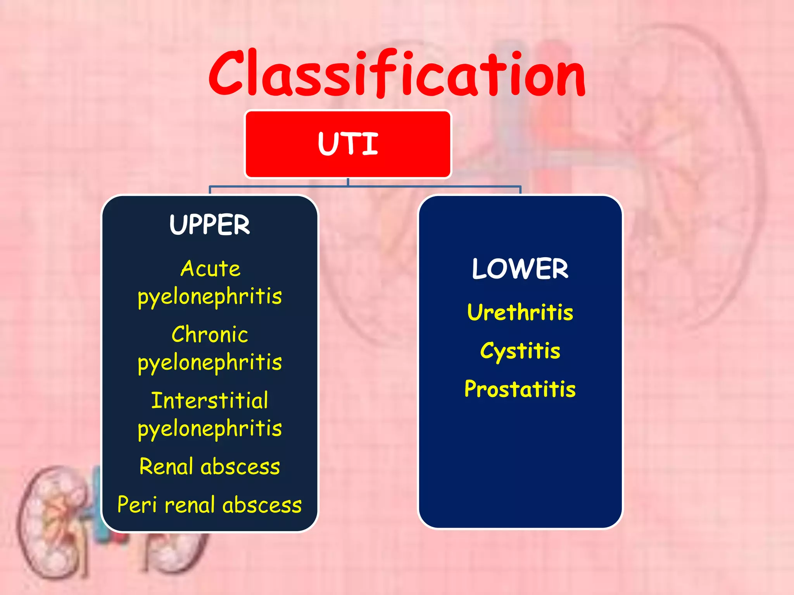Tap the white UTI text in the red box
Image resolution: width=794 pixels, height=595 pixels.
[348, 144]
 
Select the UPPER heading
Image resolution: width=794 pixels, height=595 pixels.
[210, 225]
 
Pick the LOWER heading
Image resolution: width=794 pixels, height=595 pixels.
[520, 269]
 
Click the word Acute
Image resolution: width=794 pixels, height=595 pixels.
[210, 269]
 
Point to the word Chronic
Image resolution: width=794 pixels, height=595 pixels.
[210, 335]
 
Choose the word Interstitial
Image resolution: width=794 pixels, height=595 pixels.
[210, 401]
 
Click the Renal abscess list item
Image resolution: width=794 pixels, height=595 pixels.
[210, 466]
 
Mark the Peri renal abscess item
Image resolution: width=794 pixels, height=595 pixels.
[210, 505]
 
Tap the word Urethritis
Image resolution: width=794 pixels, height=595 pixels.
[520, 312]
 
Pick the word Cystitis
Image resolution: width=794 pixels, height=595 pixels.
[520, 351]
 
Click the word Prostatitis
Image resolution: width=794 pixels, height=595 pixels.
[520, 389]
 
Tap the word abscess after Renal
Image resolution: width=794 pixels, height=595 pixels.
[240, 466]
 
